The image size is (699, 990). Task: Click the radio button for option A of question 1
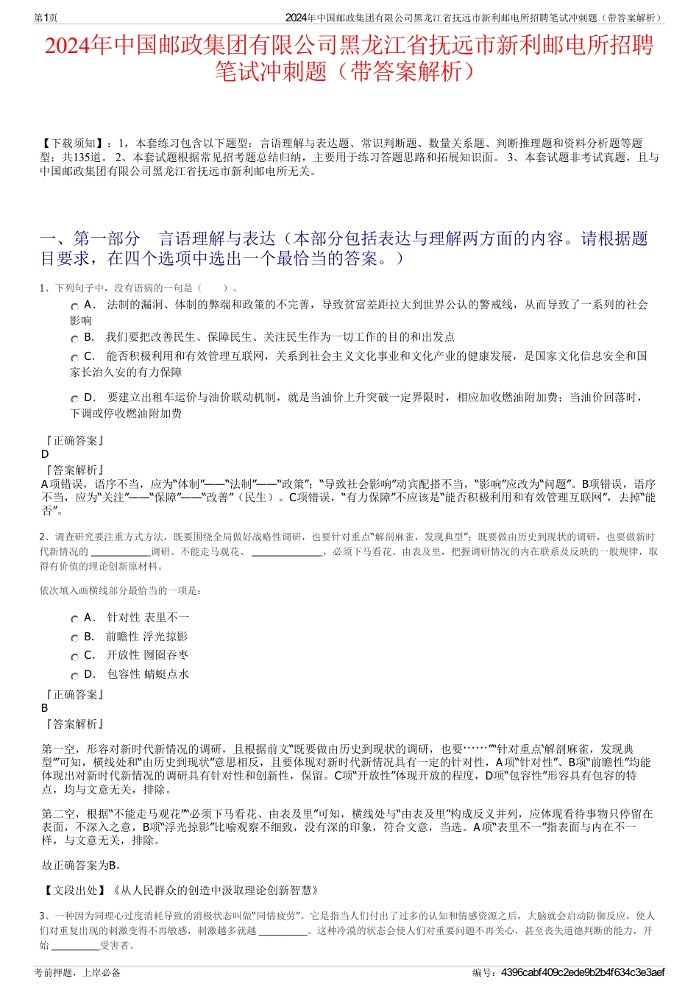75,306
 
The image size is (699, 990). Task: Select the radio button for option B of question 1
75,339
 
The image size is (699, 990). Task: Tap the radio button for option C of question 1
75,358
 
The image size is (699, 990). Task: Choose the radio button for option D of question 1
75,399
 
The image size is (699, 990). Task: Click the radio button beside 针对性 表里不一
75,619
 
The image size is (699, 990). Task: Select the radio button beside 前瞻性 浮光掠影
75,638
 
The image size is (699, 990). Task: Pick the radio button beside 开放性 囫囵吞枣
75,657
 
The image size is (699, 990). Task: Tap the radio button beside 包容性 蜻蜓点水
75,676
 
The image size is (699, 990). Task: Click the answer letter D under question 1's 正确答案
45,454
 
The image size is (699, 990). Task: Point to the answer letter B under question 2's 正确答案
45,708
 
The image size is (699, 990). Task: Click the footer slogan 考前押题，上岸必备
77,972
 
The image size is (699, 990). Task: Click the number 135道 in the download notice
91,158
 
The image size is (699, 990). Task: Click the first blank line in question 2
120,552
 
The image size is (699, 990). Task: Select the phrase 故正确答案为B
82,866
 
